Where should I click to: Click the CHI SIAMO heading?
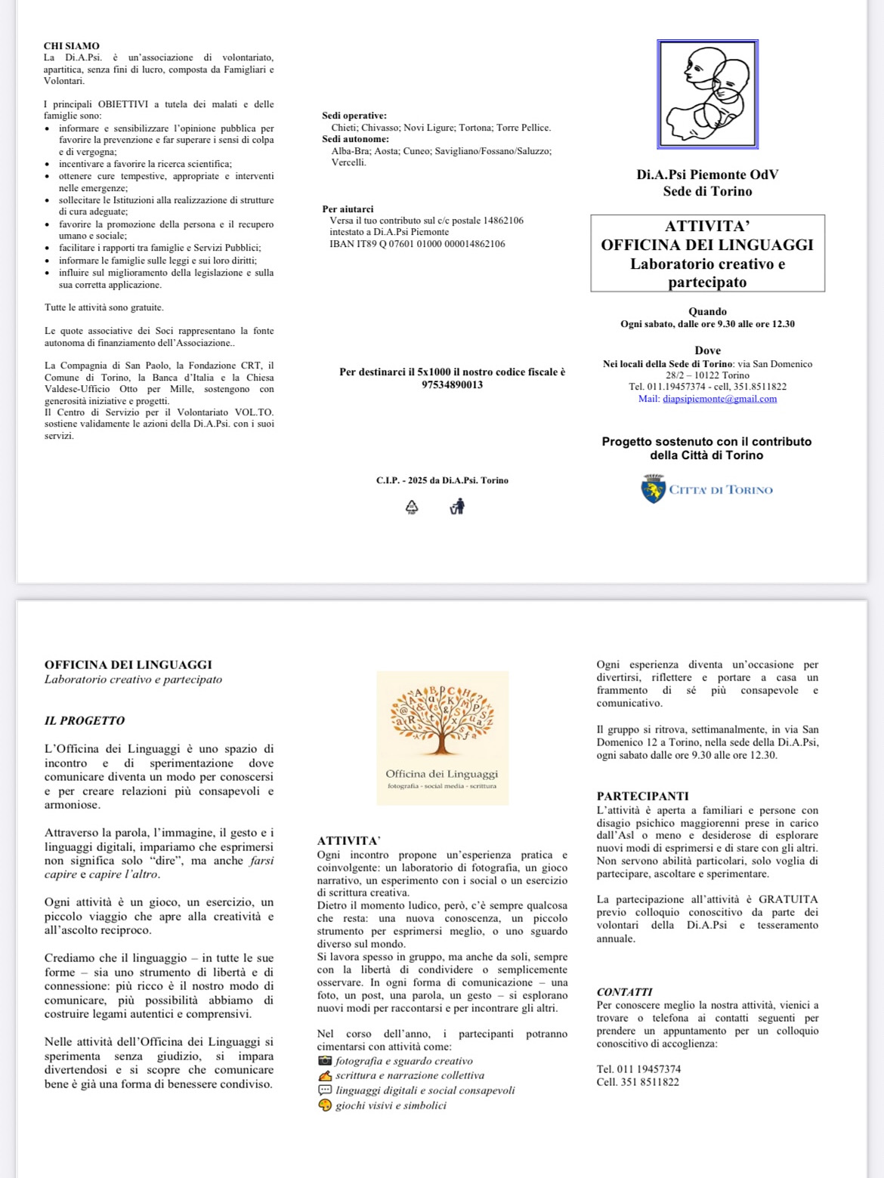click(x=71, y=46)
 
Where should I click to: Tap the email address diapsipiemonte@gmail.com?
click(x=719, y=399)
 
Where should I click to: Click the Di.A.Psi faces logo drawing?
click(x=707, y=94)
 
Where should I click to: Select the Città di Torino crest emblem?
click(x=653, y=489)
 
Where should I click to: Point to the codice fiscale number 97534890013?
click(x=452, y=384)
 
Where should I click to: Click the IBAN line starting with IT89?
click(x=417, y=244)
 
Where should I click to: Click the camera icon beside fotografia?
click(x=325, y=1061)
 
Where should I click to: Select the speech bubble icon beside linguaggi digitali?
click(x=325, y=1090)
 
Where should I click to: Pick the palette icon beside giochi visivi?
click(x=325, y=1106)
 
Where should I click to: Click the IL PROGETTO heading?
click(x=85, y=720)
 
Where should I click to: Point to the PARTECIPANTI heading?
click(x=642, y=796)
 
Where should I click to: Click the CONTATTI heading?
click(x=624, y=991)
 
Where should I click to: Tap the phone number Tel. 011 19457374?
click(x=638, y=1069)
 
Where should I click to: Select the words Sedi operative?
click(x=354, y=116)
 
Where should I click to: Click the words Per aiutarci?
click(x=348, y=209)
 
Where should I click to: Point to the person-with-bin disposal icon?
click(x=456, y=506)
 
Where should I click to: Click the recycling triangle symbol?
click(x=412, y=506)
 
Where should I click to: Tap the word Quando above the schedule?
click(x=707, y=311)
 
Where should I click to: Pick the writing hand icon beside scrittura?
click(x=325, y=1075)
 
